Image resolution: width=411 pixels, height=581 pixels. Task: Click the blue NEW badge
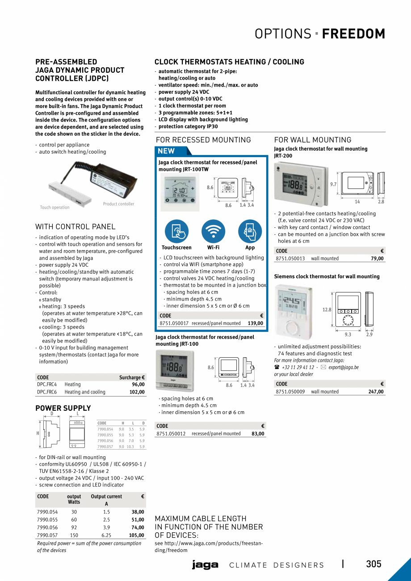pyautogui.click(x=167, y=151)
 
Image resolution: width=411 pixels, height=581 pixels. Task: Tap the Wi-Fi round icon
pyautogui.click(x=213, y=231)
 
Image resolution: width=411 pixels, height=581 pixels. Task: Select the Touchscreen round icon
pyautogui.click(x=176, y=231)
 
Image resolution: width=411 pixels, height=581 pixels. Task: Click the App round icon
pyautogui.click(x=250, y=231)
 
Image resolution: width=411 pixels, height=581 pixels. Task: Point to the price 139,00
pyautogui.click(x=256, y=323)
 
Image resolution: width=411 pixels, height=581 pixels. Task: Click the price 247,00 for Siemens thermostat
pyautogui.click(x=376, y=392)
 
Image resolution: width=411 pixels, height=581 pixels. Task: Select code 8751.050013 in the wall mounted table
pyautogui.click(x=290, y=259)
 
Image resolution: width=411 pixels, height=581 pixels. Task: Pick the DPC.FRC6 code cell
pyautogui.click(x=47, y=392)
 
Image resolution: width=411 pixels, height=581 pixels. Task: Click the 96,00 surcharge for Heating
pyautogui.click(x=138, y=384)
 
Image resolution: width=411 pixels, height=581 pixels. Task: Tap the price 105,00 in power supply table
pyautogui.click(x=136, y=535)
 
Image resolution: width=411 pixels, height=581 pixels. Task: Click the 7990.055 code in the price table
pyautogui.click(x=47, y=520)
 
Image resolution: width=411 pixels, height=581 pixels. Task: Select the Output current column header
pyautogui.click(x=106, y=497)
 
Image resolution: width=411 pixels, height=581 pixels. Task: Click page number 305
pyautogui.click(x=373, y=564)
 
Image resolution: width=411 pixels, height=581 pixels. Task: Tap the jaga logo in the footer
pyautogui.click(x=205, y=565)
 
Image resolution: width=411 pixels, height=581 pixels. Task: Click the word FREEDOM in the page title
pyautogui.click(x=353, y=34)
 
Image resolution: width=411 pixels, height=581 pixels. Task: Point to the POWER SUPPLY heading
pyautogui.click(x=63, y=408)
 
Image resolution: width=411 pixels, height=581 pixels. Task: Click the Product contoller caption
pyautogui.click(x=118, y=204)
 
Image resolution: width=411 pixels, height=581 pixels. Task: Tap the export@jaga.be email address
pyautogui.click(x=343, y=368)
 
